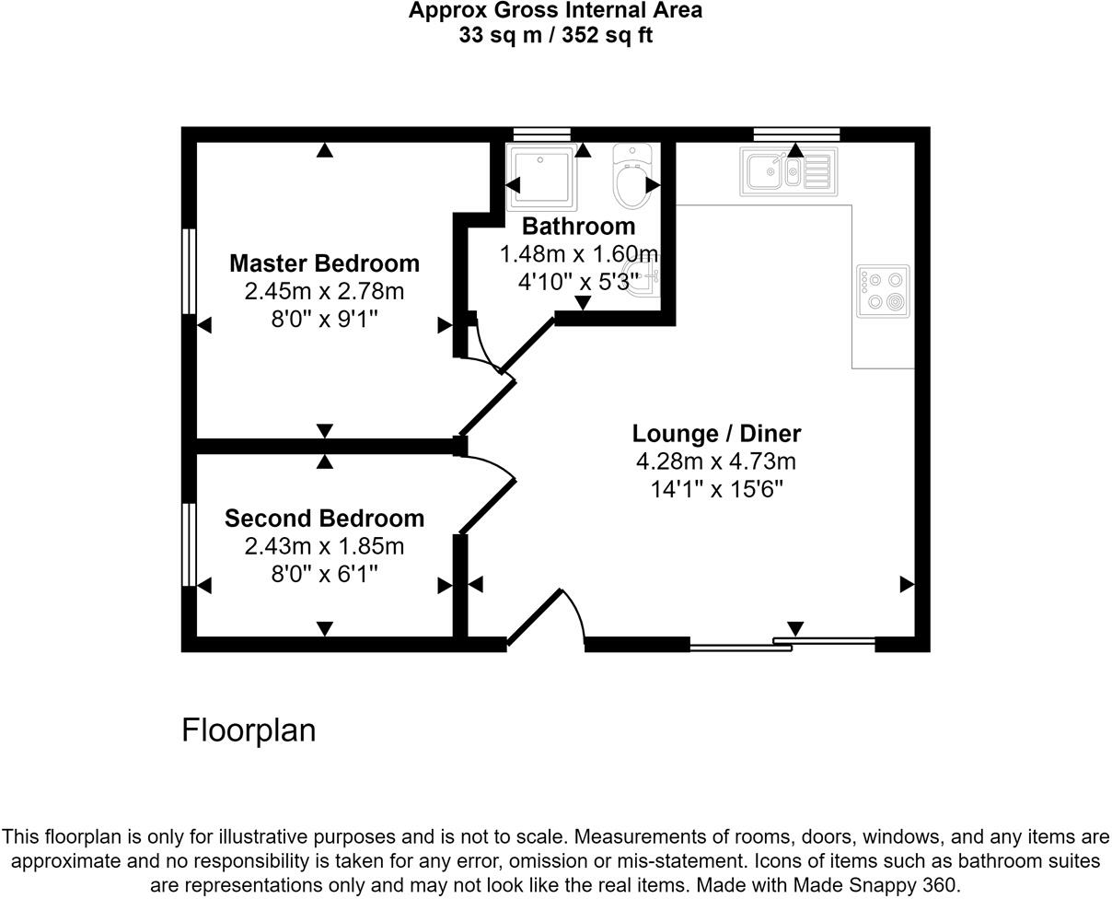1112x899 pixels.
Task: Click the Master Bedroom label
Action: (324, 263)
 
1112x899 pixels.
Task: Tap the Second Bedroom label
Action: (324, 519)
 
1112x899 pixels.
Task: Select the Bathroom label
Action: (578, 227)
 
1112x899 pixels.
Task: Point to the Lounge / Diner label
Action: (716, 434)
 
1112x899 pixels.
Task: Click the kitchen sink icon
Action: (788, 171)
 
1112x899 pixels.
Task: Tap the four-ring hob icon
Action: (883, 291)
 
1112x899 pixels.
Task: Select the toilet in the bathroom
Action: (632, 176)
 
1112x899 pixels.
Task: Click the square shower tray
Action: (541, 175)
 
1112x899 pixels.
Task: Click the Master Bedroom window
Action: (189, 272)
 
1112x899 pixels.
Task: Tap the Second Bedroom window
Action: (189, 544)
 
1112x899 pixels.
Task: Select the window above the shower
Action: (541, 134)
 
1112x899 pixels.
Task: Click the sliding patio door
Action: (782, 644)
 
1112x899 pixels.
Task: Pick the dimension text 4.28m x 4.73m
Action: (716, 461)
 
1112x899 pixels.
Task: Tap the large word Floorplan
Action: (249, 730)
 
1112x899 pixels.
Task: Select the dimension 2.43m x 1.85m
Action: (324, 546)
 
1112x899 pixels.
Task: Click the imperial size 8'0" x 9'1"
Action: (324, 319)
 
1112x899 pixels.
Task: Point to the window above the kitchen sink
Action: (796, 134)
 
